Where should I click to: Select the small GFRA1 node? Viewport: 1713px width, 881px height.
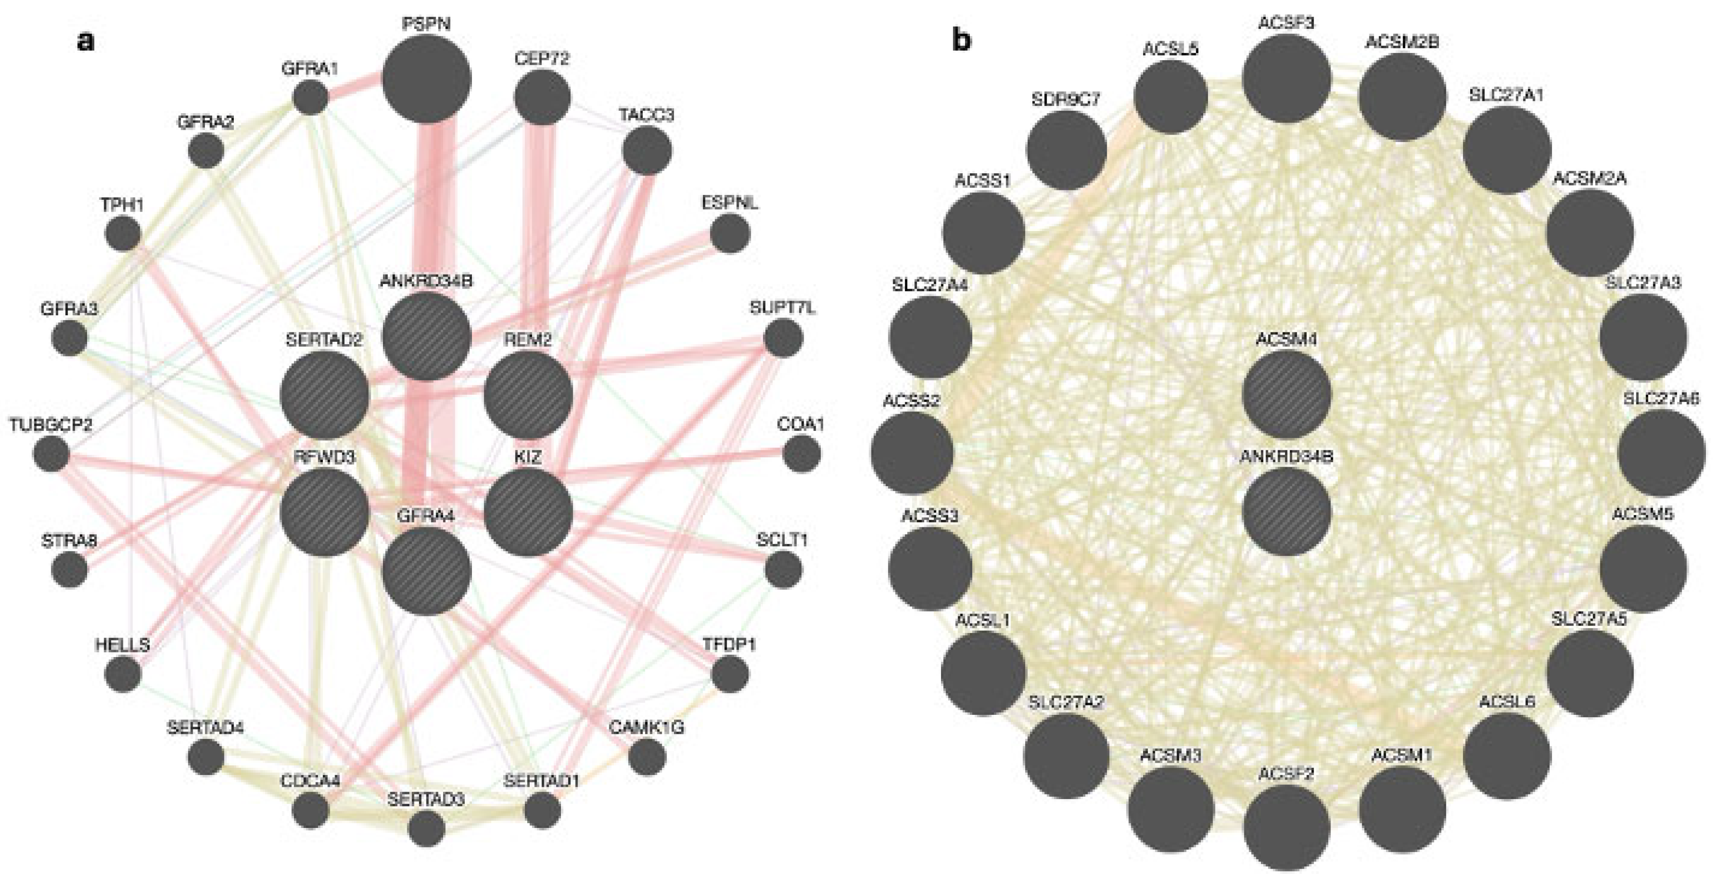[x=311, y=98]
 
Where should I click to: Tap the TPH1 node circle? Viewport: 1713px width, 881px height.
[x=123, y=234]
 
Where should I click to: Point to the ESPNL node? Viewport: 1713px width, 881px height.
[x=730, y=234]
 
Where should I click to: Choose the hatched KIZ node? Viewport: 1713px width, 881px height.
[x=528, y=512]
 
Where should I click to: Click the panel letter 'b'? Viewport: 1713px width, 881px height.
[x=961, y=41]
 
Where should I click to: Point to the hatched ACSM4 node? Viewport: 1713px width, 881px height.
[x=1287, y=395]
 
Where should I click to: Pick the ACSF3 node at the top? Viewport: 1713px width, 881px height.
[x=1287, y=79]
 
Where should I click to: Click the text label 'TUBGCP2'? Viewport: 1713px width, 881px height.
[x=51, y=424]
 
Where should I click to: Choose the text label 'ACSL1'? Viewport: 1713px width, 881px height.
[x=983, y=620]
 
